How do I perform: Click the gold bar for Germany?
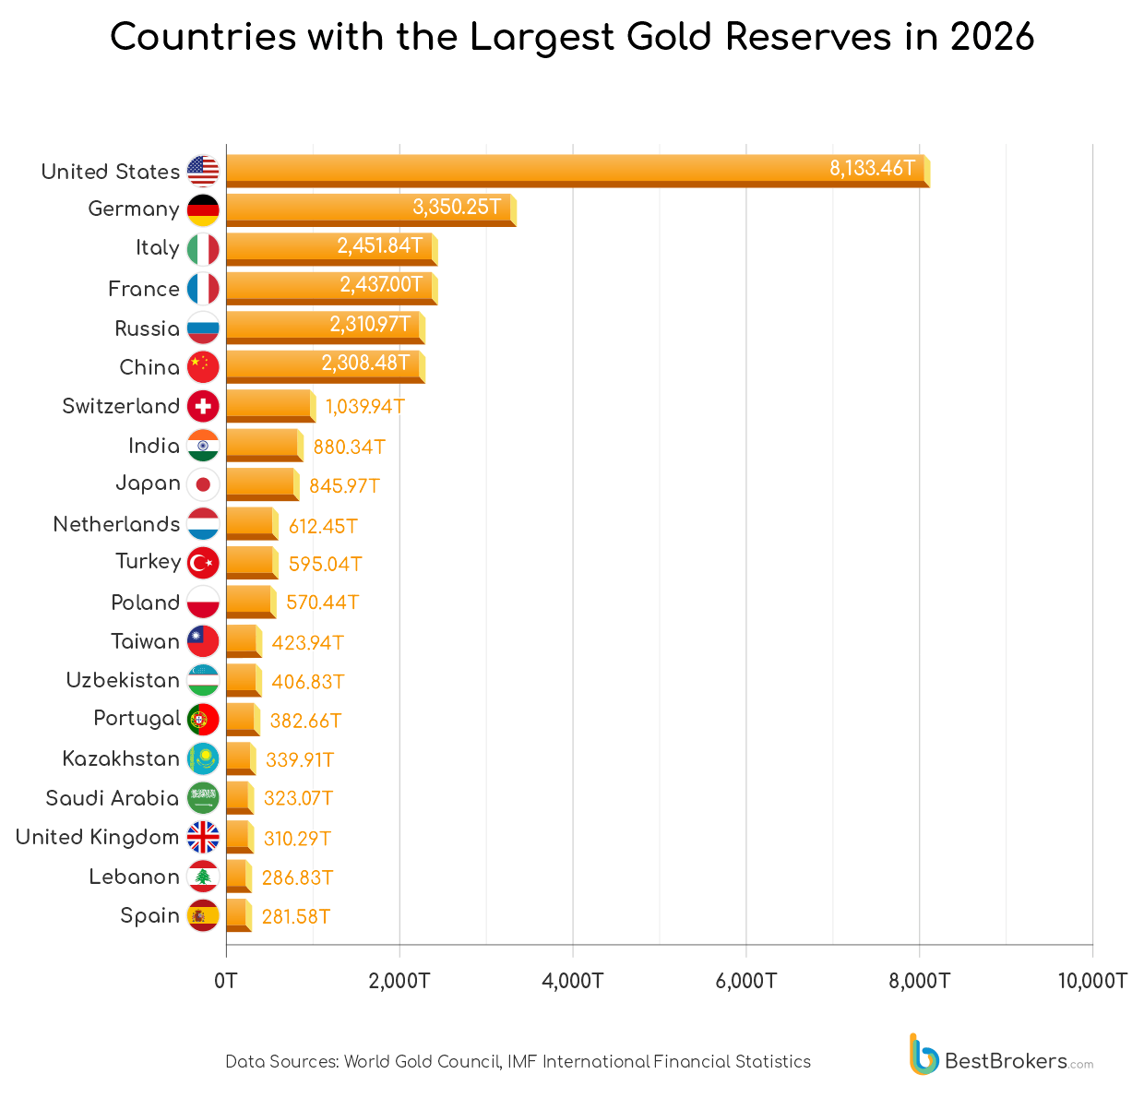(369, 209)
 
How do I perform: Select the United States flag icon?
(203, 172)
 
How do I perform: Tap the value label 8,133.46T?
(872, 168)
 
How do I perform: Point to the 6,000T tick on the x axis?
(745, 981)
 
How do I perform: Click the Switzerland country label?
(121, 406)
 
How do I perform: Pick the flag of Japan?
(203, 484)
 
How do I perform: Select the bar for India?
(263, 445)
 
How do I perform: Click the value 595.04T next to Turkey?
(325, 564)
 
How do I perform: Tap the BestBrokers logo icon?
(924, 1055)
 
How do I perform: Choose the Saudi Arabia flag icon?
(203, 798)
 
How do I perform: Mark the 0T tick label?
(226, 981)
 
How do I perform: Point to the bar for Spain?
(237, 915)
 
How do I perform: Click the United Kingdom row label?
(98, 837)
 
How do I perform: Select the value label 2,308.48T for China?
(365, 364)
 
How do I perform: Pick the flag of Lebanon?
(203, 877)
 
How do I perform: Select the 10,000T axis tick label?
(1091, 981)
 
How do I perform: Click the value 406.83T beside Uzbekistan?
(308, 682)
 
